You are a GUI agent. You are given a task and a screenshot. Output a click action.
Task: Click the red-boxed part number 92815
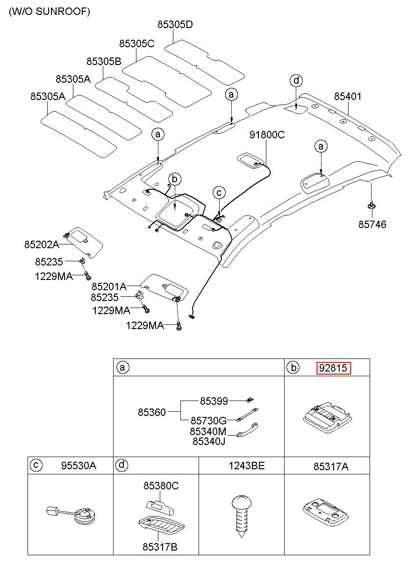tap(334, 368)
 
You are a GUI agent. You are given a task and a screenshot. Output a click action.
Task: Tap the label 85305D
tap(175, 24)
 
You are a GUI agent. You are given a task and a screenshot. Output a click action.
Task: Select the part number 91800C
tap(267, 135)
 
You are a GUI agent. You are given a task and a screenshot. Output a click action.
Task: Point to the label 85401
tap(348, 96)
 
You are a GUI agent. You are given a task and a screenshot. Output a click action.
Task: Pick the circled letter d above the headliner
tap(296, 80)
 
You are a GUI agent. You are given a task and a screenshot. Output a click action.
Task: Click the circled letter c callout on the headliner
tap(219, 193)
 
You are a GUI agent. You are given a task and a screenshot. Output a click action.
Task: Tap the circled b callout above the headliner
tap(175, 179)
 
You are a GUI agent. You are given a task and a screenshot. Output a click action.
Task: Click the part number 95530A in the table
tap(79, 466)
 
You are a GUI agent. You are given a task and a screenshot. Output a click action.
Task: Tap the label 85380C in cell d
tap(161, 486)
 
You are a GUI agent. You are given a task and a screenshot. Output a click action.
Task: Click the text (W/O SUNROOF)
tap(50, 12)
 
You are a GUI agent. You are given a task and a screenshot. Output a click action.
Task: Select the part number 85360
tap(151, 412)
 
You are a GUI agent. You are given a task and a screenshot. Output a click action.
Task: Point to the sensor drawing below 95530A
tap(71, 516)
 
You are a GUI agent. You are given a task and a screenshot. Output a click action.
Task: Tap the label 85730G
tap(208, 421)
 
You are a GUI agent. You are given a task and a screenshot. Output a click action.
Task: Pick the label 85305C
tap(136, 44)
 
